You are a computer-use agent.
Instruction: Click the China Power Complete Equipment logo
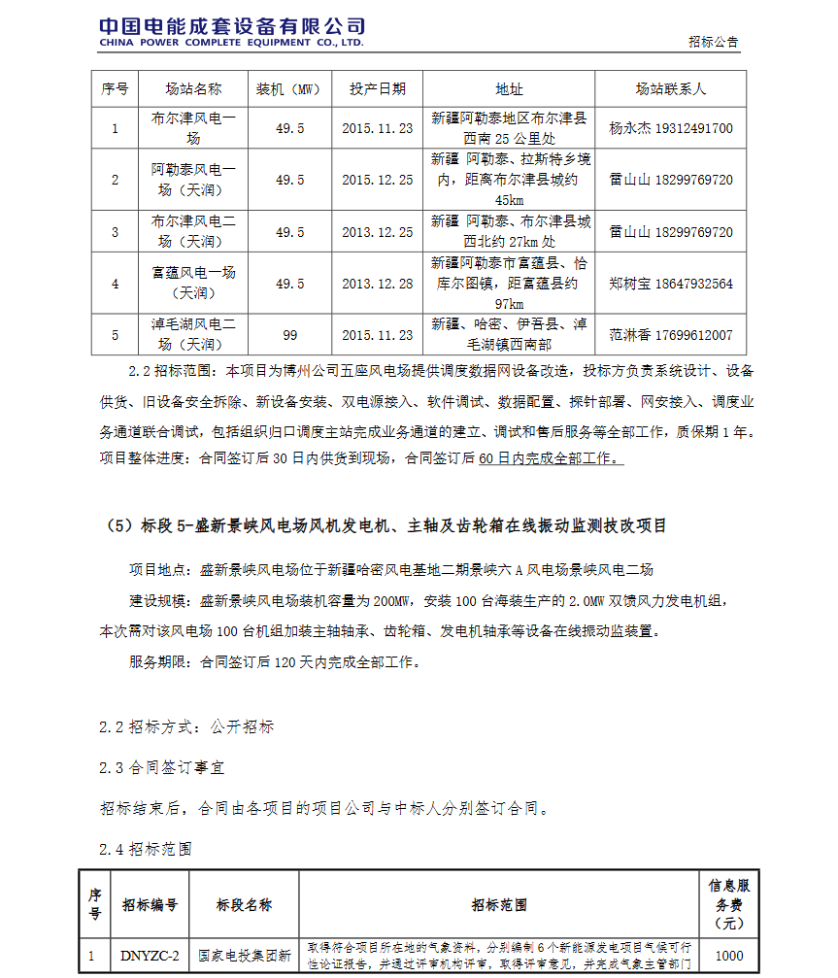(231, 32)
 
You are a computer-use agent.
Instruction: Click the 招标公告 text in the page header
(713, 42)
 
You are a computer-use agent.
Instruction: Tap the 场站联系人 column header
(670, 88)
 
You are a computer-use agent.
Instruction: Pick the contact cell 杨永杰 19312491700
(670, 128)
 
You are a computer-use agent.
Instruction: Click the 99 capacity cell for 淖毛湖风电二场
(289, 335)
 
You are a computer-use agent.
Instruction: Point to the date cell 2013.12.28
(378, 284)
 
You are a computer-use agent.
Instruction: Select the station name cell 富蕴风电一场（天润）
(193, 284)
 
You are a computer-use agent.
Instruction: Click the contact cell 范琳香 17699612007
(670, 335)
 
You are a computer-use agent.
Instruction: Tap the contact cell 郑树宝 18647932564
(670, 284)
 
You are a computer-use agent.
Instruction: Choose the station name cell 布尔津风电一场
(193, 128)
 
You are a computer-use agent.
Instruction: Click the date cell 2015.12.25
(378, 180)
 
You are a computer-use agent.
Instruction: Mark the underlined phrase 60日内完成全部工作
(551, 458)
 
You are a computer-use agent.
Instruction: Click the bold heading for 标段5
(385, 526)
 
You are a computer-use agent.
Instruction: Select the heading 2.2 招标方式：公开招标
(186, 726)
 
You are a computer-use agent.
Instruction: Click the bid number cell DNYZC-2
(149, 956)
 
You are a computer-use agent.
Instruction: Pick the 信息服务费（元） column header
(728, 904)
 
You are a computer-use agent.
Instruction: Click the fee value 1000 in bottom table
(728, 956)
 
